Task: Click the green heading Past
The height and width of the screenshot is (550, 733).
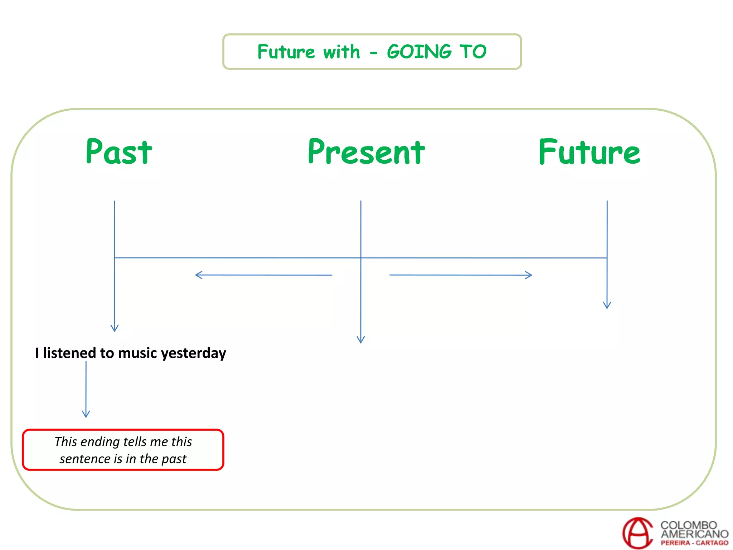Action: click(119, 152)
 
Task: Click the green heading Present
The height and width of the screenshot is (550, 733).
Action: click(366, 152)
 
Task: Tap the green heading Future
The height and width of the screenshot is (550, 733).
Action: click(589, 152)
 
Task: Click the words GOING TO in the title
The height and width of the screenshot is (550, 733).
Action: click(437, 52)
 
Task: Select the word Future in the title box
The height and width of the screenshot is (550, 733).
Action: click(286, 52)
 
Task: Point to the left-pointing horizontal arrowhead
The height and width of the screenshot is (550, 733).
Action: click(198, 275)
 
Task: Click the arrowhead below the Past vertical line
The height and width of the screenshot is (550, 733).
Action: click(115, 329)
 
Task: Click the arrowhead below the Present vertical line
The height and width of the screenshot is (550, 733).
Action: click(361, 340)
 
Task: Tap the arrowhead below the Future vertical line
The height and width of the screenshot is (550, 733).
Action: click(607, 306)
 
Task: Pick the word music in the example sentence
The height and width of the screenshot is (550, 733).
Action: click(137, 353)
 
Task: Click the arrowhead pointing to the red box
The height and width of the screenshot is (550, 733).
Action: click(86, 415)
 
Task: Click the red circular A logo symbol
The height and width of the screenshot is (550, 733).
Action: click(637, 533)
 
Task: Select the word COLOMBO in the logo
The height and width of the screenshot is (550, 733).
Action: click(688, 525)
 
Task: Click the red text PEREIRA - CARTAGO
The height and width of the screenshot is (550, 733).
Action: click(694, 543)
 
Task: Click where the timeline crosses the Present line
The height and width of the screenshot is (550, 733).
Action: click(361, 258)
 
